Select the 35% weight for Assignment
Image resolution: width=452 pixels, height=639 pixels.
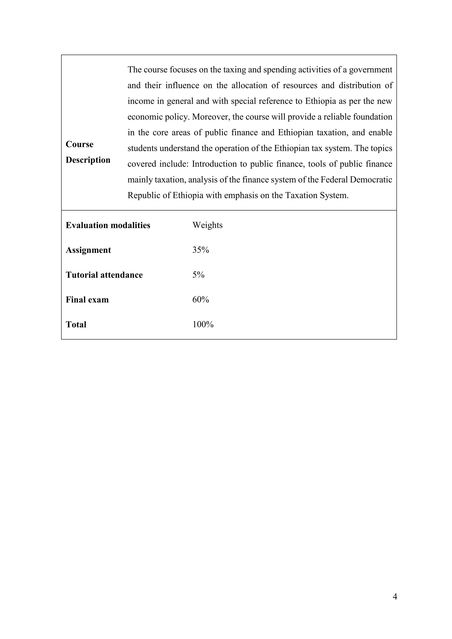(200, 250)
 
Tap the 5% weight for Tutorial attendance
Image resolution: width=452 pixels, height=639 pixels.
(198, 275)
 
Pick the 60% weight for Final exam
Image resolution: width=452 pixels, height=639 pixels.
(200, 299)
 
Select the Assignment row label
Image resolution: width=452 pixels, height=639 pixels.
(88, 250)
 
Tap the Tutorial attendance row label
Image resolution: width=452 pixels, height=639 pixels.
(104, 275)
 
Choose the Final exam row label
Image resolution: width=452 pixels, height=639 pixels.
(87, 299)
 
